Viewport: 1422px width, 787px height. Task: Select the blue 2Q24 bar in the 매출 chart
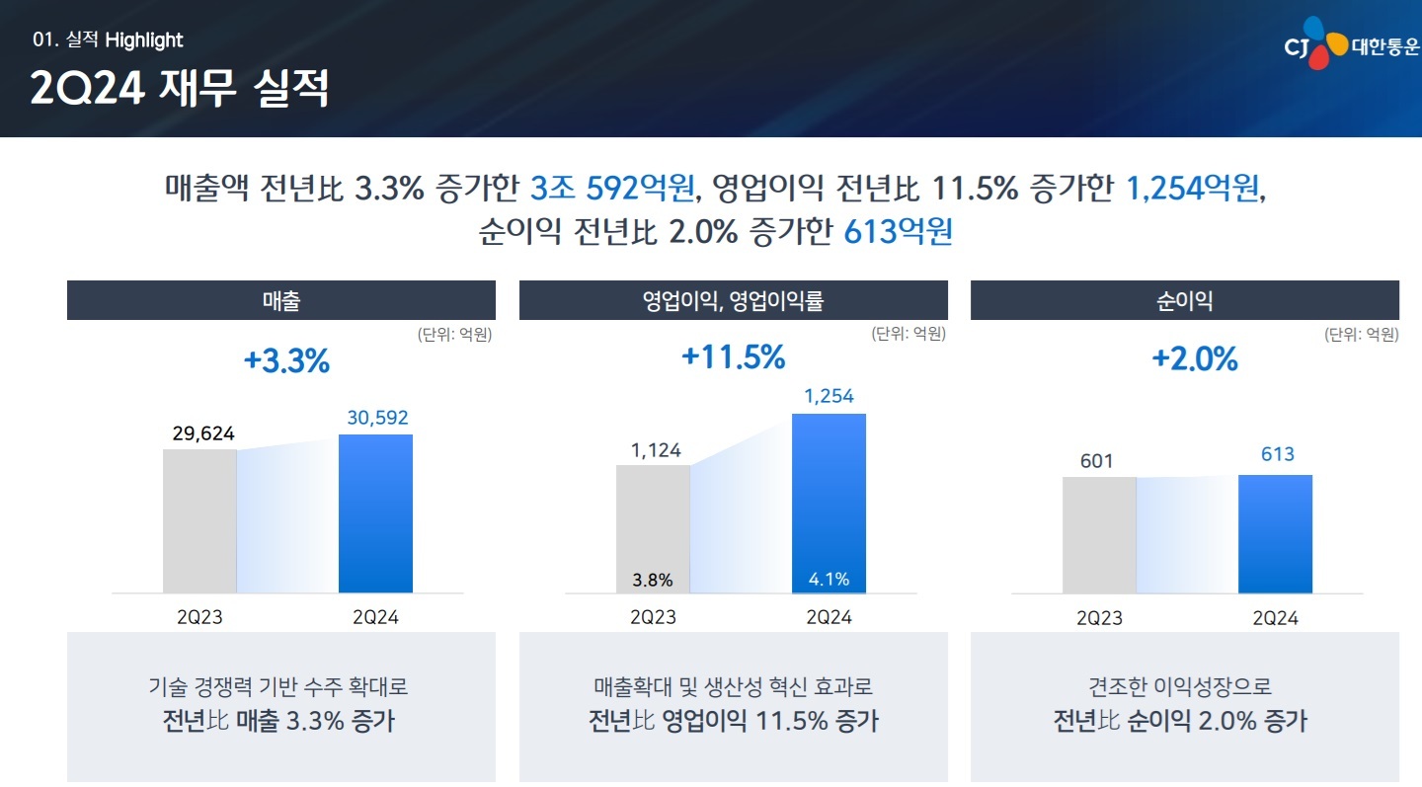[x=375, y=513]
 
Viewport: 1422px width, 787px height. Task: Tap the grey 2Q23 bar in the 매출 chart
[x=199, y=521]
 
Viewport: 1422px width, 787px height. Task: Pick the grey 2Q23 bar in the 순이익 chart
[x=1099, y=535]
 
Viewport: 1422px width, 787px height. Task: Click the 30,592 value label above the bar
[x=376, y=418]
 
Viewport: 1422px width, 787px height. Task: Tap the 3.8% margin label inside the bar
[x=653, y=580]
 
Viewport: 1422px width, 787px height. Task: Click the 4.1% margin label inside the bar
[x=829, y=580]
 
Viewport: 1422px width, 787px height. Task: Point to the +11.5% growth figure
[x=733, y=357]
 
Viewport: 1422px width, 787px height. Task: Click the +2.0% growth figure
[x=1194, y=359]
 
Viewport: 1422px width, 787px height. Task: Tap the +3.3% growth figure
[x=286, y=361]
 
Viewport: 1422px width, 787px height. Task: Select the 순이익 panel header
[x=1184, y=300]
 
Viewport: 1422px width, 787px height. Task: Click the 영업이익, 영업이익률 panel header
[x=733, y=300]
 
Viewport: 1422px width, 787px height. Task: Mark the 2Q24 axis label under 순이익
[x=1275, y=619]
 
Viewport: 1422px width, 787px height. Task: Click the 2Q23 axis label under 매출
[x=199, y=618]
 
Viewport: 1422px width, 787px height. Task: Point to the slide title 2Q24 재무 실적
[x=180, y=89]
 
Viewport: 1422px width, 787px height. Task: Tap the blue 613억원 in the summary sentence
[x=898, y=231]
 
